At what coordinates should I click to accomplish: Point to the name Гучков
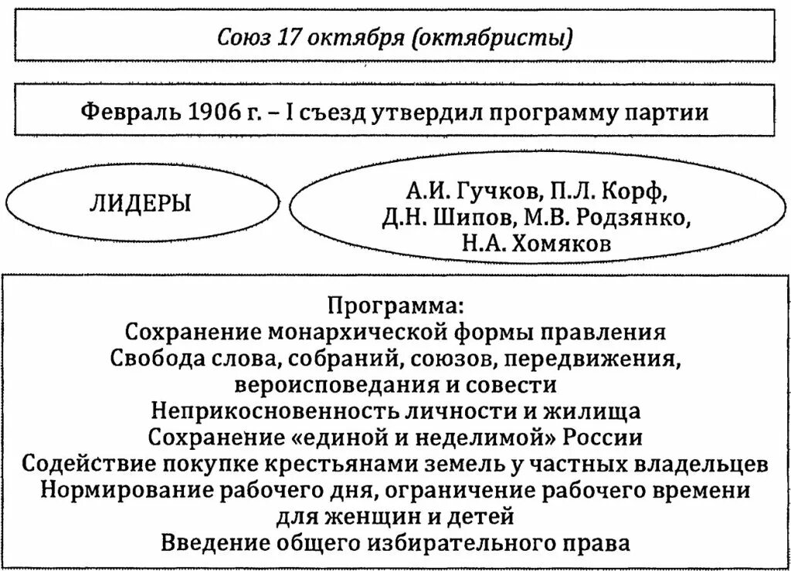point(511,191)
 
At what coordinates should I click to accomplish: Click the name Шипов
point(473,218)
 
